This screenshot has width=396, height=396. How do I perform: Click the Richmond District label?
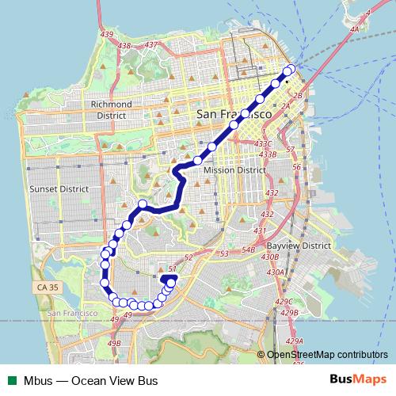click(111, 109)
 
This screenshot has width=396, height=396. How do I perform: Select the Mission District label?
click(234, 170)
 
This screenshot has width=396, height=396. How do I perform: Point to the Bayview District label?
click(299, 246)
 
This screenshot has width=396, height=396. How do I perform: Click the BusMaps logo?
click(364, 380)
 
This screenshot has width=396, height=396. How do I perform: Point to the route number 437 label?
click(151, 45)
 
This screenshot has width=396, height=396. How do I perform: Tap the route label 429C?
click(285, 303)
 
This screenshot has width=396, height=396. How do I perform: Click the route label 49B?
click(115, 343)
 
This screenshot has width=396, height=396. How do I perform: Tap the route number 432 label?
click(272, 193)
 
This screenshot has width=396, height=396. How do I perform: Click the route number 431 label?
click(258, 230)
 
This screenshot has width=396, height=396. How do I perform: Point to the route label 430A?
click(275, 272)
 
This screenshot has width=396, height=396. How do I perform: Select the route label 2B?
click(299, 96)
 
